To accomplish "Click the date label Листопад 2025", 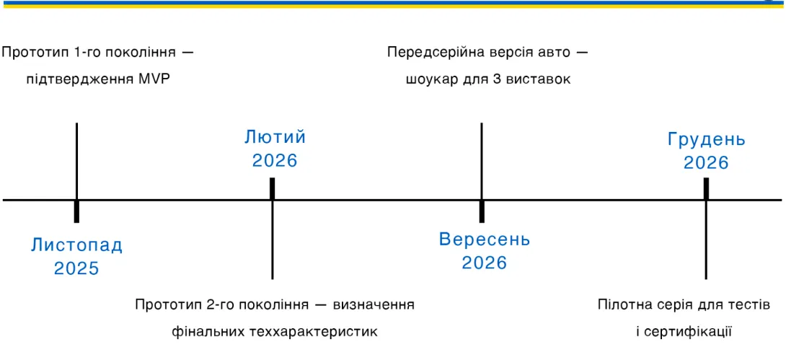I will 76,257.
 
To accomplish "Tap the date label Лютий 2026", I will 275,149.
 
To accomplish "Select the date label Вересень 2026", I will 485,250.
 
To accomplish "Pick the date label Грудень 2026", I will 706,151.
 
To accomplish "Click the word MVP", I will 154,79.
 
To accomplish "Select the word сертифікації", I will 692,331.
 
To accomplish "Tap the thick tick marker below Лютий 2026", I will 273,188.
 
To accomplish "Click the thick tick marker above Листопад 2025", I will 76,211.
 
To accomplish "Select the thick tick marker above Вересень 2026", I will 482,211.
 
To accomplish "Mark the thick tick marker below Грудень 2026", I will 706,188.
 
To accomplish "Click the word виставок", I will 539,79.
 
